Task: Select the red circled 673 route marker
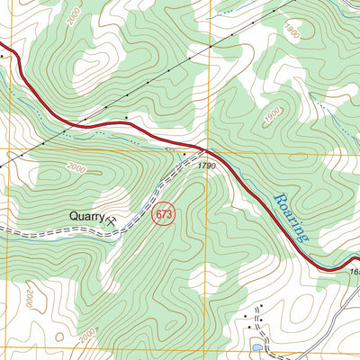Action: [163, 215]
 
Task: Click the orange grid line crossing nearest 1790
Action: [209, 148]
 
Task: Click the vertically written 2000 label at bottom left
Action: [29, 297]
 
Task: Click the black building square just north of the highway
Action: [127, 117]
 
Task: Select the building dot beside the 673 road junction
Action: [185, 155]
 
